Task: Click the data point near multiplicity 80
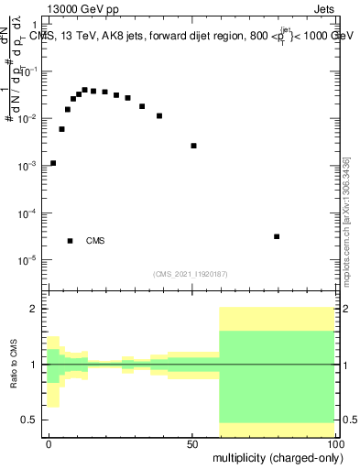point(277,236)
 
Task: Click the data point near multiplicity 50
point(193,146)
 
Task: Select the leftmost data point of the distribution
point(53,163)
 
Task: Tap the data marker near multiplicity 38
point(159,116)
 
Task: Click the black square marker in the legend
point(71,241)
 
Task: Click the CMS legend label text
point(95,241)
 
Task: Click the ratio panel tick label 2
point(35,309)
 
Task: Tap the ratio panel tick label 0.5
point(30,420)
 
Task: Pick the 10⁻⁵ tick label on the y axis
point(27,260)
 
